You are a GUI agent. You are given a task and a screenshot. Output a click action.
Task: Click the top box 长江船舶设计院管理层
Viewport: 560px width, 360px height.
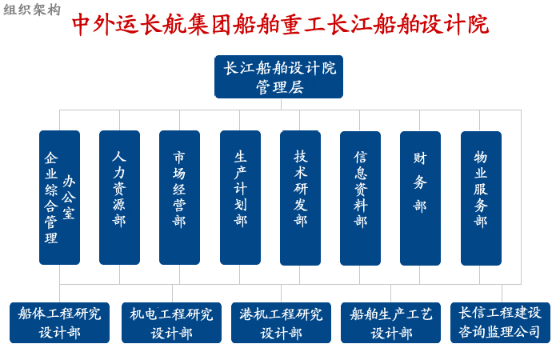pos(278,77)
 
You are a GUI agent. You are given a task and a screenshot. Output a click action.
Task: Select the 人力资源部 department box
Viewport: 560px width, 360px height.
pos(119,198)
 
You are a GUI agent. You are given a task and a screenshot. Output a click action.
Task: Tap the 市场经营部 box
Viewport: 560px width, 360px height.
pos(179,198)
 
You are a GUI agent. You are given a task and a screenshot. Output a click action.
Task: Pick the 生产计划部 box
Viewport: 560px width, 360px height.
pos(240,198)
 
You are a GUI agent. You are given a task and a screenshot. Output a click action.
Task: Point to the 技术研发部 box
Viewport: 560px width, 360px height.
pos(300,198)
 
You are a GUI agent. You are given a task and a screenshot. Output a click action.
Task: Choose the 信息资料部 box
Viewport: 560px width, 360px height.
pos(360,198)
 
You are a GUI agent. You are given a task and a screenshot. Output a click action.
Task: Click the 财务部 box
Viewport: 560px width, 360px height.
pos(420,198)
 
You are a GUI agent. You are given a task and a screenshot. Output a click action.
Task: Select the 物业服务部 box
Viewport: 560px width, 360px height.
pos(481,198)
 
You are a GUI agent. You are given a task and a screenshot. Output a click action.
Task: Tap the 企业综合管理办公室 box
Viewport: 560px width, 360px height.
pos(59,198)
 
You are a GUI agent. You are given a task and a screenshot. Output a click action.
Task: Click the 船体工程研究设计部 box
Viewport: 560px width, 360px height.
pos(59,323)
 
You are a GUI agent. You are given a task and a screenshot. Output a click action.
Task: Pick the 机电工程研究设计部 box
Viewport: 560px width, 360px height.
pos(171,323)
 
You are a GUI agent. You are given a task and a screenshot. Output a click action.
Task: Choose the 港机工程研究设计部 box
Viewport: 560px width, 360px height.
pos(281,323)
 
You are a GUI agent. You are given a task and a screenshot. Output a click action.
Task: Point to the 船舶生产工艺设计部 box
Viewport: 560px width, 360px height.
pos(390,323)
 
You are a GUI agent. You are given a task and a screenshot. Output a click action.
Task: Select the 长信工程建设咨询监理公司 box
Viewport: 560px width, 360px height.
pos(500,323)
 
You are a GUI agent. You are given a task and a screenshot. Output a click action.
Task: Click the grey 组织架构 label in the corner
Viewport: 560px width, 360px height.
pos(32,10)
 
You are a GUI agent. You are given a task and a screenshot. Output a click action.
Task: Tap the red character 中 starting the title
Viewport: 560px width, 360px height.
pos(81,25)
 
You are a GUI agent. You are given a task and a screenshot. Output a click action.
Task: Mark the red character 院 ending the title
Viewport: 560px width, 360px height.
pos(478,25)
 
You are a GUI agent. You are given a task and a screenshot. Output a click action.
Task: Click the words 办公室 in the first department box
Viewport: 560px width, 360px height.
pos(69,197)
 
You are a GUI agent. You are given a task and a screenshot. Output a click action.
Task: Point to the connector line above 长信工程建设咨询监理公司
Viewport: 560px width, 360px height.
pos(502,294)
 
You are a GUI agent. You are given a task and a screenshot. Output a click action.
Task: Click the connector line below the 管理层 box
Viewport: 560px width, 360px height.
pos(281,104)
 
